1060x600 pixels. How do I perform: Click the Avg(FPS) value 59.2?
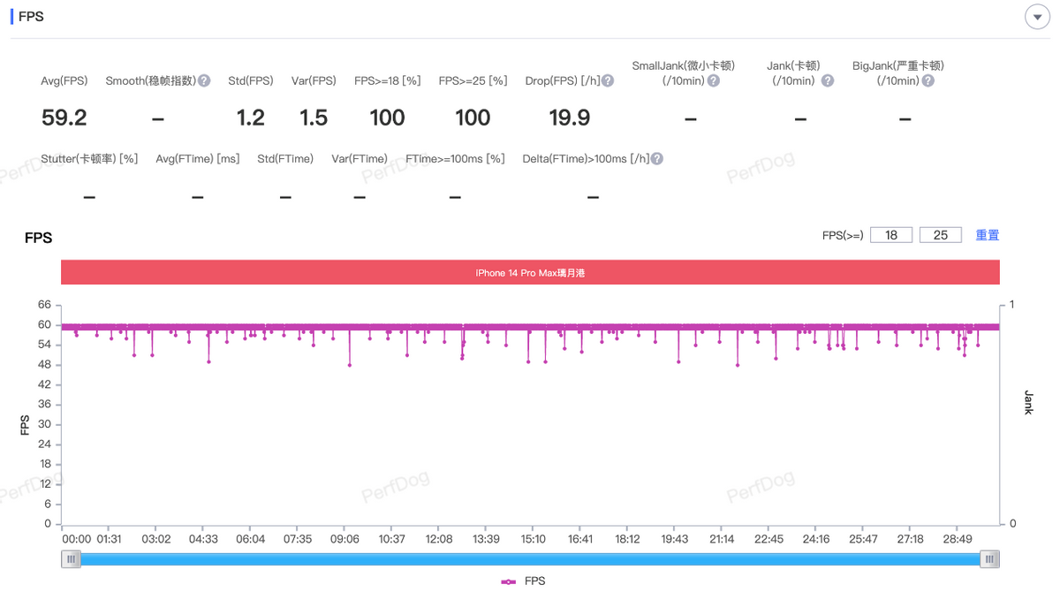click(x=64, y=118)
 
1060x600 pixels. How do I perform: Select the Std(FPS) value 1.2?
click(x=251, y=118)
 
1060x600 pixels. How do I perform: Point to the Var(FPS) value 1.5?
click(x=314, y=118)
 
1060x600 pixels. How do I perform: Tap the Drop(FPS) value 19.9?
click(x=569, y=118)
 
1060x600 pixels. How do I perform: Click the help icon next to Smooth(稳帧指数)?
click(x=204, y=80)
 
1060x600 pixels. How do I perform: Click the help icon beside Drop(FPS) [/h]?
click(x=608, y=80)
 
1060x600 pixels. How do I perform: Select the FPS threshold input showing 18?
click(x=891, y=235)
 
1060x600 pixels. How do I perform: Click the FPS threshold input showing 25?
click(x=941, y=235)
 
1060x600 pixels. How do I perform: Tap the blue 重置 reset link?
click(x=988, y=235)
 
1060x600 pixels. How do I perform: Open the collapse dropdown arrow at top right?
click(x=1036, y=18)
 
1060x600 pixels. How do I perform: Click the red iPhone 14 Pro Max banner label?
click(x=530, y=273)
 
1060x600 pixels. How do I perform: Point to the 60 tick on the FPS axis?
click(x=45, y=324)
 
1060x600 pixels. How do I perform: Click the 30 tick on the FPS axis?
click(x=45, y=424)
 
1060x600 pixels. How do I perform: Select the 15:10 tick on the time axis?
click(x=534, y=539)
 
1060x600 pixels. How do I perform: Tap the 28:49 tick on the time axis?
click(x=958, y=539)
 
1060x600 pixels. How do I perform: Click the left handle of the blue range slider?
click(x=71, y=558)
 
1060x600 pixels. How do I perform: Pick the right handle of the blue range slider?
click(x=991, y=558)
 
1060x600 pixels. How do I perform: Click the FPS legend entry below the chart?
click(x=524, y=581)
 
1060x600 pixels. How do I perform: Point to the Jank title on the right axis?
click(x=1028, y=402)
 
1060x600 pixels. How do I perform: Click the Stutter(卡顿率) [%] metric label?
click(x=89, y=159)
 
